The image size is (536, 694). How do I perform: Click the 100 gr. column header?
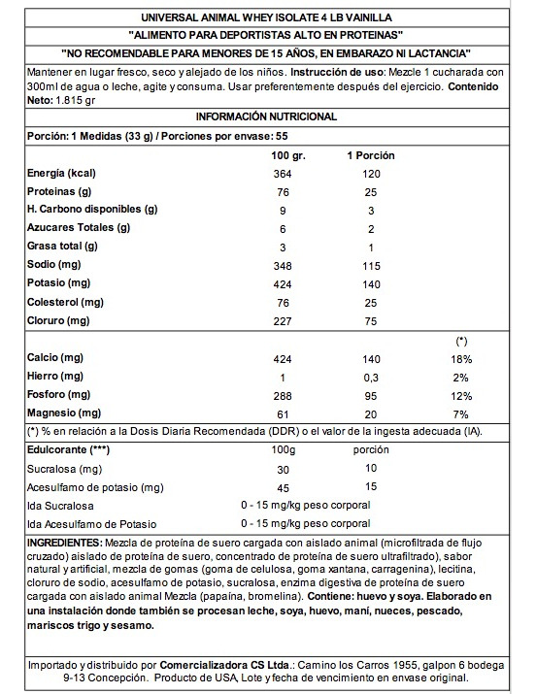tap(283, 155)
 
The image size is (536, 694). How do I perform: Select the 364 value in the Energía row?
tap(283, 173)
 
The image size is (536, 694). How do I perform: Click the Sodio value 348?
tap(283, 265)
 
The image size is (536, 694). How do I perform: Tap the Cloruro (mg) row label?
tap(60, 320)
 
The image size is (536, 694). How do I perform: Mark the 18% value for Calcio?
tap(460, 359)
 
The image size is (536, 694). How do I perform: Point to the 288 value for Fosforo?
tap(283, 396)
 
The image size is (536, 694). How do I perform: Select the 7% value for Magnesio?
tap(460, 414)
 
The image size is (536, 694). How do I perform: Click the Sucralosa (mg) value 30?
tap(283, 470)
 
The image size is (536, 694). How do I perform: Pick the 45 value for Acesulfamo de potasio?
tap(283, 487)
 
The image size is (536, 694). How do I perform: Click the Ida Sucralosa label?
tap(61, 506)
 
